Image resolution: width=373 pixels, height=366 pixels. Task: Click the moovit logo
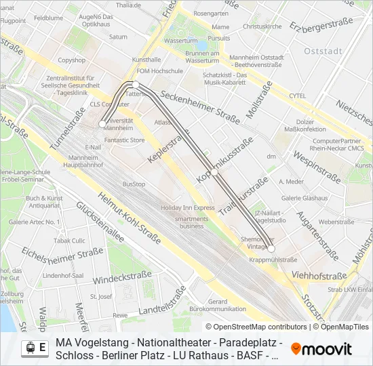(x=321, y=349)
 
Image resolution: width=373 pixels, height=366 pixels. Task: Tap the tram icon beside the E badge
(x=30, y=348)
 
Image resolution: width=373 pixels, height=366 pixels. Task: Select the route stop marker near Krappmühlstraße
(x=271, y=249)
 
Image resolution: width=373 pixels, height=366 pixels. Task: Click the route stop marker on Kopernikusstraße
(x=214, y=173)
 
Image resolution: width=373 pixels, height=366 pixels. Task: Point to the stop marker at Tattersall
(x=136, y=84)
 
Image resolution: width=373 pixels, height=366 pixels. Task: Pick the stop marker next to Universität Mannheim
(x=102, y=124)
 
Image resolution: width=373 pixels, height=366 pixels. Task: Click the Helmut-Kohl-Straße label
(x=129, y=216)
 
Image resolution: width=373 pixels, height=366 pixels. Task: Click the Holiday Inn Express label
(x=188, y=207)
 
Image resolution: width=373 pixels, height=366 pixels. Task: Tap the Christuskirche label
(x=262, y=26)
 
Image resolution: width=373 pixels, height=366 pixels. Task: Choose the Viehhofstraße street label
(x=319, y=275)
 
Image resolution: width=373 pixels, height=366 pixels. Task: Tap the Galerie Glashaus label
(x=305, y=198)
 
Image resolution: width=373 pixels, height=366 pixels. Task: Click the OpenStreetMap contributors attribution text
(x=256, y=327)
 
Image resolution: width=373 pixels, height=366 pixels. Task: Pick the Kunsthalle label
(x=146, y=60)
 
